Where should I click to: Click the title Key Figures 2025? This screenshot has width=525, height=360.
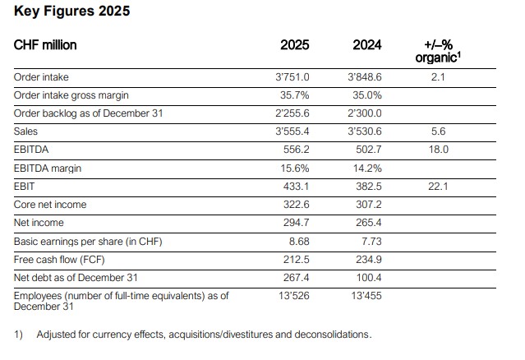click(71, 12)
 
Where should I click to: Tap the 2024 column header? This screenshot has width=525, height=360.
click(366, 45)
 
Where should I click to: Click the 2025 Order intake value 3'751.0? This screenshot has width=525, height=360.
click(293, 76)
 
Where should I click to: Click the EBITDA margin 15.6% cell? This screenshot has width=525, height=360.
click(296, 168)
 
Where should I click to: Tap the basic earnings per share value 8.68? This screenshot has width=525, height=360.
click(299, 241)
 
